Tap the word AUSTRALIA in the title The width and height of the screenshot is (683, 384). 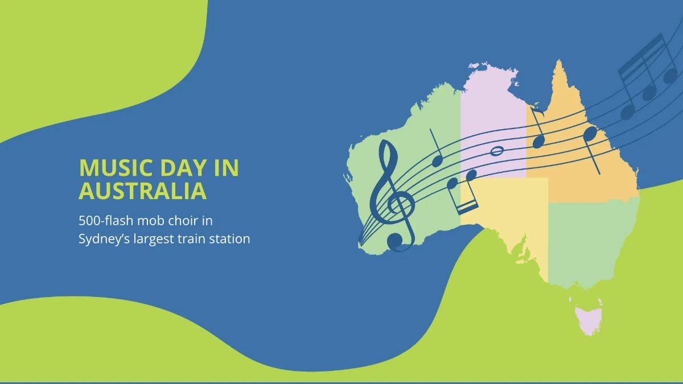[x=142, y=191]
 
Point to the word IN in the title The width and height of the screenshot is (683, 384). [x=227, y=168]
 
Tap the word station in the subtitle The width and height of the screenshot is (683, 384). [x=229, y=239]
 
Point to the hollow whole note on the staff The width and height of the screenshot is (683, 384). [x=497, y=151]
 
